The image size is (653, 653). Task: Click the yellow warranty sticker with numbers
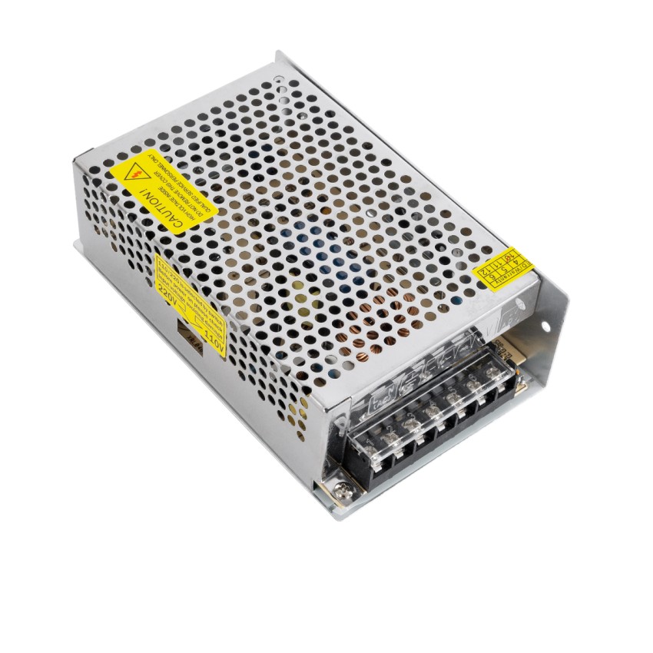(x=502, y=265)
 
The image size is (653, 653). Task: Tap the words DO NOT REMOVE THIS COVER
(x=181, y=192)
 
